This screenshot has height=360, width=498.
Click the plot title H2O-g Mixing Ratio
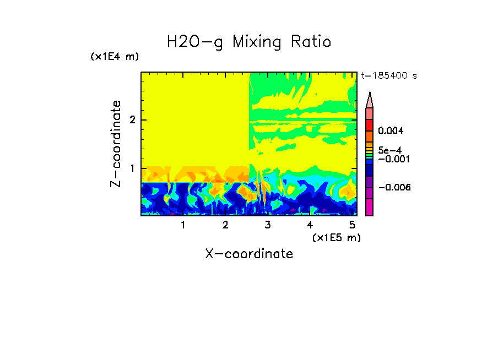[249, 42]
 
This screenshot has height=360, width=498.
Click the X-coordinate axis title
[249, 254]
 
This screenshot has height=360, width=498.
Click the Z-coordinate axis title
[116, 144]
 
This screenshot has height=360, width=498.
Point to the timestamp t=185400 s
[388, 75]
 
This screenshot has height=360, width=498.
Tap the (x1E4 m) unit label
[115, 57]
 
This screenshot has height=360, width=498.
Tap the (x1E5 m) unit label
[336, 237]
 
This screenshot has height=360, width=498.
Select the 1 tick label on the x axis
[183, 225]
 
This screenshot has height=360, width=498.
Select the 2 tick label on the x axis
[225, 225]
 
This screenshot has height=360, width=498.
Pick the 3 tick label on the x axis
[268, 225]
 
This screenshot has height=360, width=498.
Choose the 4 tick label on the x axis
[310, 225]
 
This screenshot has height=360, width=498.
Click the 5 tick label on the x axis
[352, 225]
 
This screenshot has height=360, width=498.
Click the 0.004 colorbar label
[391, 131]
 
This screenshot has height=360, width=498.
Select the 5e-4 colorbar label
[389, 150]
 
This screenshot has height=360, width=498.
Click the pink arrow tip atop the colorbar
[369, 100]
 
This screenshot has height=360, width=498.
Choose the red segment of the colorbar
[369, 123]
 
